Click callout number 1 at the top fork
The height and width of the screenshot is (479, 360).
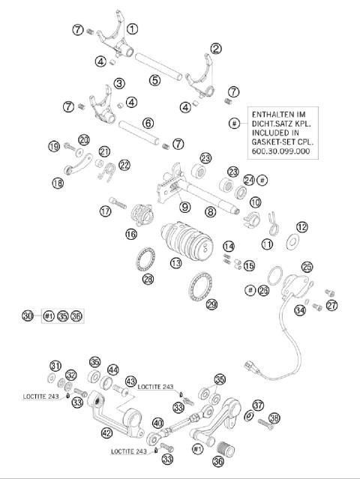tap(133, 29)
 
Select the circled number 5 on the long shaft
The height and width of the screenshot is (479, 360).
tap(154, 78)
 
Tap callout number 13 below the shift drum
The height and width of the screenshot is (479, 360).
tap(175, 263)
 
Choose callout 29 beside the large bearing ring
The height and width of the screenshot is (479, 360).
tap(211, 304)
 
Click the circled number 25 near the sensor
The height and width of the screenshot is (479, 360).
tap(307, 267)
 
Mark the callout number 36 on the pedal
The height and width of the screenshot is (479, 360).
tap(219, 461)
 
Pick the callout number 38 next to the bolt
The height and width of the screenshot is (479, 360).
tap(275, 418)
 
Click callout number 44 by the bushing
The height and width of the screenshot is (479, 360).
tap(113, 370)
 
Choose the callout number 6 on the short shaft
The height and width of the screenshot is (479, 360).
tap(148, 122)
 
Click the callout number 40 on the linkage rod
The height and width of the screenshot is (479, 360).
tap(158, 424)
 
